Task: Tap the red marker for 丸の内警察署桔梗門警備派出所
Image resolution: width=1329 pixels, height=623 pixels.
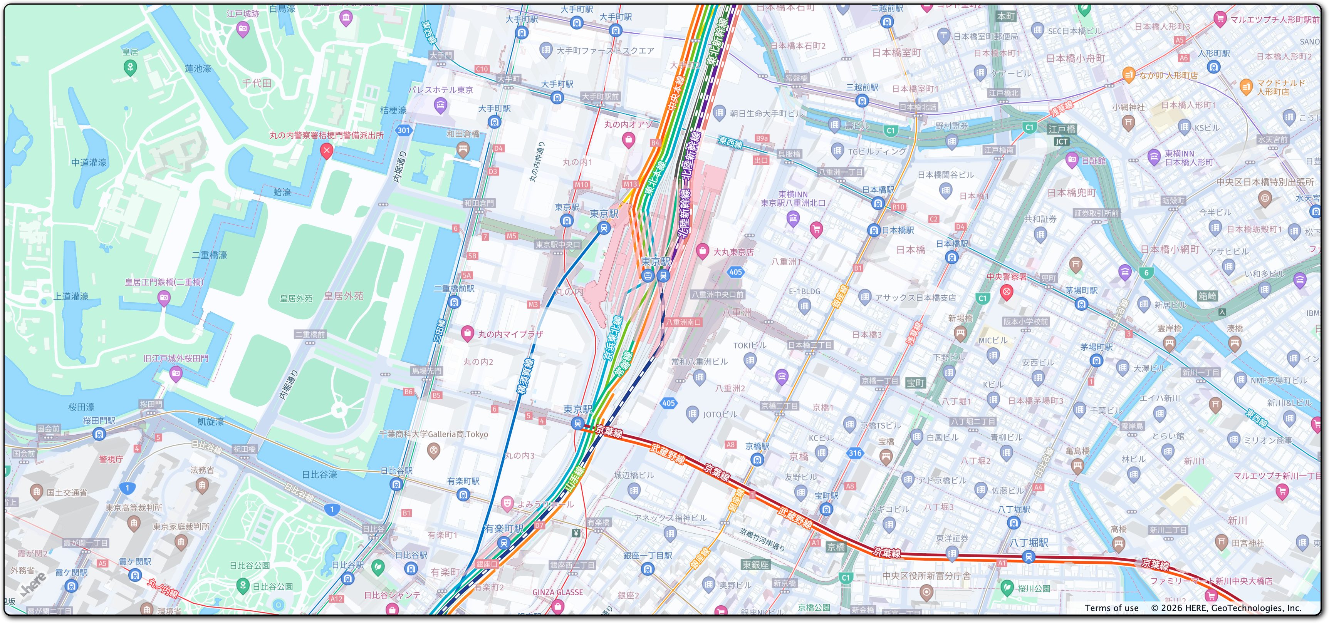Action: [x=326, y=150]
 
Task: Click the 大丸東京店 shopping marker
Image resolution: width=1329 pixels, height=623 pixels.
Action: [x=701, y=251]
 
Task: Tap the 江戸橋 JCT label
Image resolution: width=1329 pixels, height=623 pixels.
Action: [x=1062, y=141]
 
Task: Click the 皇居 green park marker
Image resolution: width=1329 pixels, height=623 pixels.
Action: [x=130, y=67]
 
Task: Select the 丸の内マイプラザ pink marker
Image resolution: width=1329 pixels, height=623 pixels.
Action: [x=467, y=333]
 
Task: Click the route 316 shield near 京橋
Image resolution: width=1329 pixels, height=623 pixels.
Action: [x=855, y=453]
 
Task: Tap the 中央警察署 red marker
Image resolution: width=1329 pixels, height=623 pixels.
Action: [x=1006, y=292]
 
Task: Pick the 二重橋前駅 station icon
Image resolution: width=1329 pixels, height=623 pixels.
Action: [x=454, y=302]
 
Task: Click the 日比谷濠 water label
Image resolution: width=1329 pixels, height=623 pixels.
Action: [x=319, y=474]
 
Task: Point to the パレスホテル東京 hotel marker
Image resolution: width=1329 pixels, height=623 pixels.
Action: [x=440, y=106]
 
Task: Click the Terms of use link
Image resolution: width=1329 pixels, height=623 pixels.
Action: [x=1111, y=608]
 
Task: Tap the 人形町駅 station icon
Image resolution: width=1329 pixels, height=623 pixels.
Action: [x=1213, y=67]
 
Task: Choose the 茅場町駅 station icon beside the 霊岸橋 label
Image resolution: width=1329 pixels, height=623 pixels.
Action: [x=1096, y=360]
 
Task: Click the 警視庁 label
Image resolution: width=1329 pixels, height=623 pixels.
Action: [x=111, y=459]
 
